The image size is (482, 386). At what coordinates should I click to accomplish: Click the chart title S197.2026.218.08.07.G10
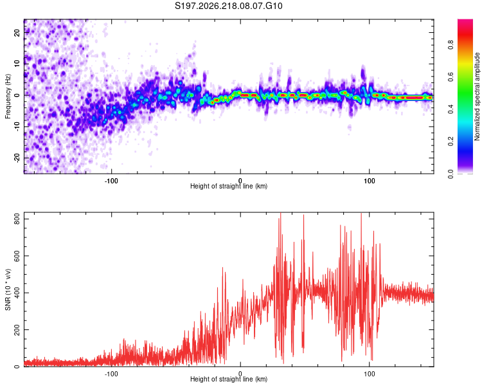[x=228, y=6]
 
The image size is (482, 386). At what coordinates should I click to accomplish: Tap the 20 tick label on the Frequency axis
[x=17, y=32]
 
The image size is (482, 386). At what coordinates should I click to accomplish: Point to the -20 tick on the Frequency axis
[x=17, y=158]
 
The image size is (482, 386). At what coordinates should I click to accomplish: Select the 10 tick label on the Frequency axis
[x=17, y=64]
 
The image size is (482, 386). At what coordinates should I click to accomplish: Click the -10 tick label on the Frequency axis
[x=17, y=127]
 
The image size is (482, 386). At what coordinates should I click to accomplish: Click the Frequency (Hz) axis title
[x=8, y=96]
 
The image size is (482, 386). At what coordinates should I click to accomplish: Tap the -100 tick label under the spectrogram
[x=111, y=181]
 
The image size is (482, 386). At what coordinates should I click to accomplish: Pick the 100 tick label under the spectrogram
[x=369, y=181]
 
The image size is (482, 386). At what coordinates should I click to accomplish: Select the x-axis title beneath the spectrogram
[x=229, y=186]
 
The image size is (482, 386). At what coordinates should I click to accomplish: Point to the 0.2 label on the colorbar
[x=451, y=142]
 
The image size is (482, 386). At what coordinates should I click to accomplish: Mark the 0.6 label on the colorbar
[x=451, y=77]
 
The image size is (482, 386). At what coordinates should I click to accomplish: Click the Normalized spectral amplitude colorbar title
[x=477, y=96]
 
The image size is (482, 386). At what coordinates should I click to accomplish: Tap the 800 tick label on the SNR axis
[x=17, y=219]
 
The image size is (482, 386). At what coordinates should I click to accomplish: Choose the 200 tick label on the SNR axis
[x=17, y=329]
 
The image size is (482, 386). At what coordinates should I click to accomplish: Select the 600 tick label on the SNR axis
[x=17, y=256]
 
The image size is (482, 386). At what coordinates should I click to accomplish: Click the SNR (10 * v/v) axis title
[x=8, y=289]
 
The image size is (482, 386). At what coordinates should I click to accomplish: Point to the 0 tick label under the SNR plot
[x=240, y=374]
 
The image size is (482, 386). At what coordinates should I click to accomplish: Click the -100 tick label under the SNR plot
[x=111, y=374]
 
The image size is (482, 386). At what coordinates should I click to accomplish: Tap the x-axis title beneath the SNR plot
[x=229, y=379]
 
